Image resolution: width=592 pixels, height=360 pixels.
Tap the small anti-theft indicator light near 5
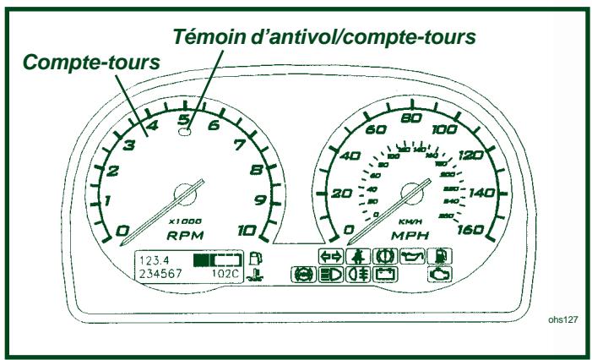click(x=184, y=131)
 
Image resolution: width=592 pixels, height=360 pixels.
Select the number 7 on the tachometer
click(x=241, y=145)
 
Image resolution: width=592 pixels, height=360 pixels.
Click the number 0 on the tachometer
click(x=122, y=231)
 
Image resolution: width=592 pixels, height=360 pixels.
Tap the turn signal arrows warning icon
click(x=331, y=256)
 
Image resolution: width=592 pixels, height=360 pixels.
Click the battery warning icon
click(x=384, y=274)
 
